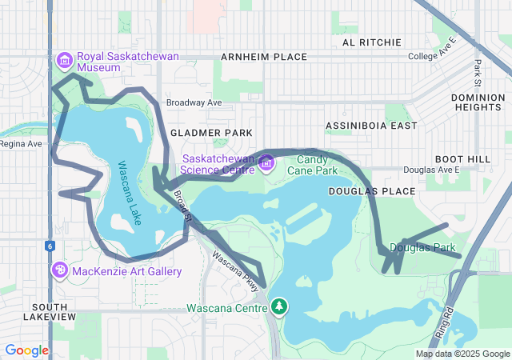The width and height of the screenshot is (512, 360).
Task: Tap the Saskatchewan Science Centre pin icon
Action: point(267,163)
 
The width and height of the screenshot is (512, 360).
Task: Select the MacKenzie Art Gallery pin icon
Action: point(59,270)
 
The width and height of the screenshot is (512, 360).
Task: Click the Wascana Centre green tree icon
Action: point(279,306)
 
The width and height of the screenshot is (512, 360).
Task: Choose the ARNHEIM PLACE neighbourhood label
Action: point(264,57)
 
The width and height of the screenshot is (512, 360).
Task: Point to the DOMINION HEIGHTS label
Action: point(478,102)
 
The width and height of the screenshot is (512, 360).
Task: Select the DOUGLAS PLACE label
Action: point(372,191)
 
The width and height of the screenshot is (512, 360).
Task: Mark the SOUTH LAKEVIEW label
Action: point(54,311)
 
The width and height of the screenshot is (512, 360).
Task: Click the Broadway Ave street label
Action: point(194,102)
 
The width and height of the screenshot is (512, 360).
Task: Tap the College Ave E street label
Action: point(431,57)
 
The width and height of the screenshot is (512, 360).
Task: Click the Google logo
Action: point(26,350)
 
